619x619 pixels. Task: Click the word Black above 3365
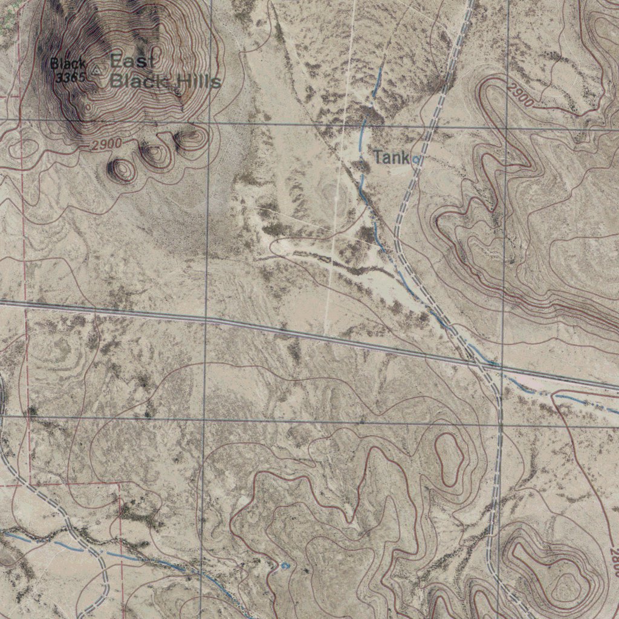click(x=68, y=63)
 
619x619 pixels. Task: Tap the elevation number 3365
click(x=70, y=77)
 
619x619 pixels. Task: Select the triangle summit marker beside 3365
click(x=97, y=71)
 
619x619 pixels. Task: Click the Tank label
click(x=391, y=158)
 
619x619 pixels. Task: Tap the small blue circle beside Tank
click(x=416, y=160)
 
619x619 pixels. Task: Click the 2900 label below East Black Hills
click(x=107, y=144)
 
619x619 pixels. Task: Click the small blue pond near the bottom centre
click(x=285, y=565)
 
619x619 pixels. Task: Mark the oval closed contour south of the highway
click(x=450, y=458)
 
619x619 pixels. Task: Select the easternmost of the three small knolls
click(x=190, y=140)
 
